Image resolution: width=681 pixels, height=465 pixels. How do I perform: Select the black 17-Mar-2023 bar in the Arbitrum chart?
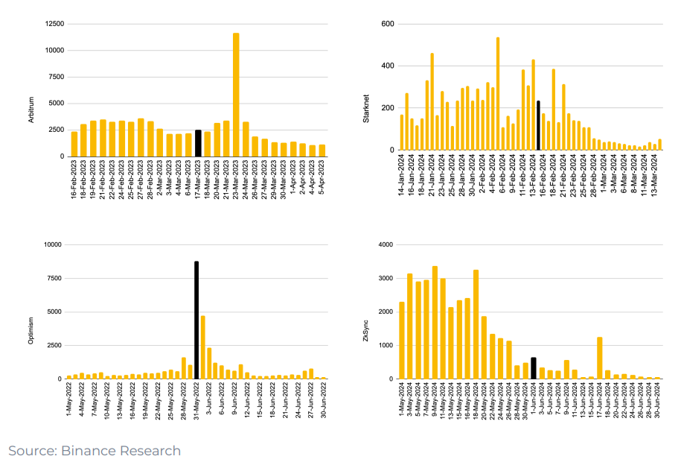point(198,143)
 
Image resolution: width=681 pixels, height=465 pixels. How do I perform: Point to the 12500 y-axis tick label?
point(54,24)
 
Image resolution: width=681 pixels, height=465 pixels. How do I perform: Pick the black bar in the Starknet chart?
point(538,125)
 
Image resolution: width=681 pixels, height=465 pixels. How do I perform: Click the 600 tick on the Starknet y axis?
point(387,24)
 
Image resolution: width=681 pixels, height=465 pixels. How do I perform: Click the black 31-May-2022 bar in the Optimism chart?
point(196,320)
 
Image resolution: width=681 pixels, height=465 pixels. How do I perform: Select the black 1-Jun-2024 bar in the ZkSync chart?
point(534,368)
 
